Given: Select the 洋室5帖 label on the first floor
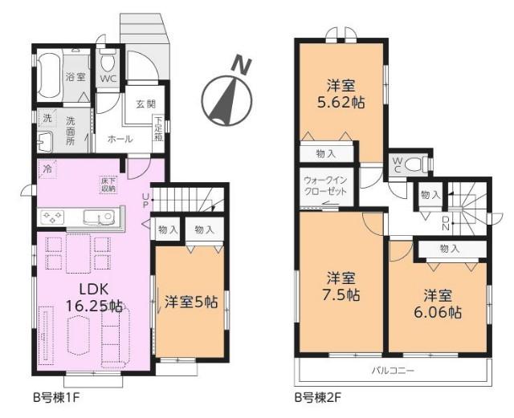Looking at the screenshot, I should tap(191, 302).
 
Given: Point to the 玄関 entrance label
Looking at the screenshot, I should tap(145, 103).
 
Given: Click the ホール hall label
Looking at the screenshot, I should tap(120, 138).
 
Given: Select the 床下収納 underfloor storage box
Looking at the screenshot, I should tap(108, 184).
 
